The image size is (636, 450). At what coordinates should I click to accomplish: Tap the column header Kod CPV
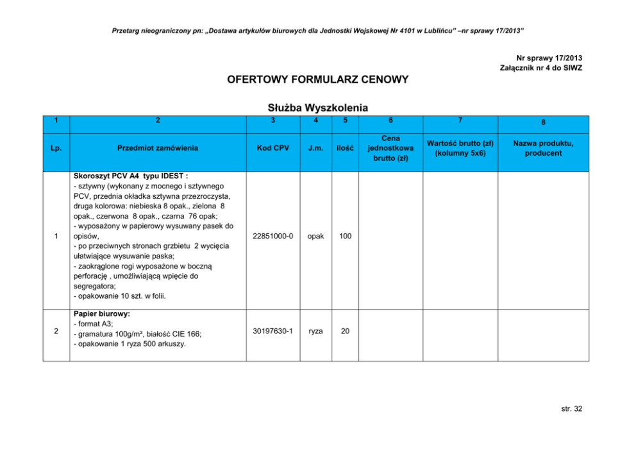[274, 148]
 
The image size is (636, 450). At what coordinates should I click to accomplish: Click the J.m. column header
[315, 148]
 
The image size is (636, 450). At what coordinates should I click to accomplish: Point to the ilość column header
[345, 148]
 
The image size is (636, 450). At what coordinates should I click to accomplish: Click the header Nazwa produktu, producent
[542, 148]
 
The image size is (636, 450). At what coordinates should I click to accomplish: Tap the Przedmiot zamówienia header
[158, 148]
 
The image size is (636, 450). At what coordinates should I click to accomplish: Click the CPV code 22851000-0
[274, 237]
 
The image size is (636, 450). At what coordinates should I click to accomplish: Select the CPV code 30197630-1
[274, 331]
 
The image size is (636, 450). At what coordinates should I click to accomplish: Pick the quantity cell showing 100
[345, 237]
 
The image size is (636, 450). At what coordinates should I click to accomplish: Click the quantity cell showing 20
[345, 331]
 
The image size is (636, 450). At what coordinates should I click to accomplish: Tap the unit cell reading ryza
[315, 331]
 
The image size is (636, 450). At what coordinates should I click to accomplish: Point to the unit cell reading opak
[315, 237]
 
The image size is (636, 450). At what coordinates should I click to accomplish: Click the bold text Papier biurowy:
[102, 315]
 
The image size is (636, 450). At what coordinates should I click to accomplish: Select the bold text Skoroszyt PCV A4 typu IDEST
[131, 176]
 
